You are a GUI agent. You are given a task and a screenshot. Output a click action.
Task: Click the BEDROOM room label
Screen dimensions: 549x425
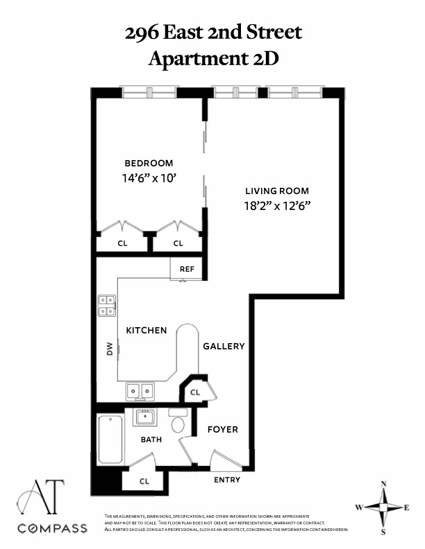click(149, 163)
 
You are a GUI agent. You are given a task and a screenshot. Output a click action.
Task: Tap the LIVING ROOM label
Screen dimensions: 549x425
click(277, 191)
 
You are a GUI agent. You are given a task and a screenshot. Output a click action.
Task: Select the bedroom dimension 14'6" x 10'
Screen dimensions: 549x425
click(149, 177)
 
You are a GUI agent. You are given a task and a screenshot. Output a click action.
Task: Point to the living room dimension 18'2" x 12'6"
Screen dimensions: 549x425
click(277, 205)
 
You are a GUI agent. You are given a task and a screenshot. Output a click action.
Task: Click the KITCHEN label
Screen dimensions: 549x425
click(146, 330)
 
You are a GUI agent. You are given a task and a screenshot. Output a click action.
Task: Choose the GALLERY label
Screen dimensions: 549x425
click(224, 346)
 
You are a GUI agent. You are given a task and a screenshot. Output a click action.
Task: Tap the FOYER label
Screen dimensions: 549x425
click(223, 429)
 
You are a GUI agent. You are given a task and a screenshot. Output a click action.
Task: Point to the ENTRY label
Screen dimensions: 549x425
click(227, 480)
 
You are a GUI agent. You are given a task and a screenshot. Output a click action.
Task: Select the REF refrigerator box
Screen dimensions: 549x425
click(187, 269)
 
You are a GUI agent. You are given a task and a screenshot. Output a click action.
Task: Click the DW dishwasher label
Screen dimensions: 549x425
click(110, 350)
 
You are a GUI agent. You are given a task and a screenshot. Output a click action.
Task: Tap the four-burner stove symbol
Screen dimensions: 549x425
click(107, 306)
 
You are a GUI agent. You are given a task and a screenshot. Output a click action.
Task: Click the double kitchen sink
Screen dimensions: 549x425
click(141, 392)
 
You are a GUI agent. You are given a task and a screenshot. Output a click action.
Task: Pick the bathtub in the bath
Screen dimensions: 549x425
click(110, 439)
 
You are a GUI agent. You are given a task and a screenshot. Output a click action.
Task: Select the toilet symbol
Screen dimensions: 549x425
click(178, 421)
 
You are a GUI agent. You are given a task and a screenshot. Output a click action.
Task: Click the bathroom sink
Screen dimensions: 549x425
click(145, 417)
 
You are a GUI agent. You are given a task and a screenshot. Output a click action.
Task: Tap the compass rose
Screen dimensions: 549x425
click(383, 507)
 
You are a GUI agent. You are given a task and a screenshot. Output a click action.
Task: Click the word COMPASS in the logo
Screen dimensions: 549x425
click(53, 528)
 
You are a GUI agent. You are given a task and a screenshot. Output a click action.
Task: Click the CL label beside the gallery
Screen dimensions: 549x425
click(195, 392)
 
